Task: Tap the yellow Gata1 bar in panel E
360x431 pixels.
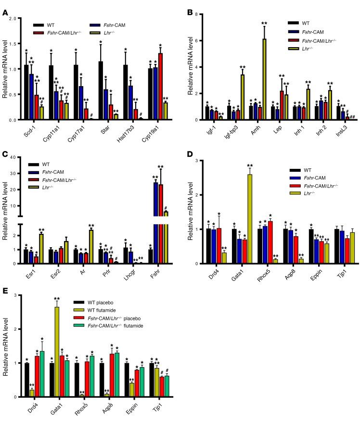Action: [57, 352]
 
